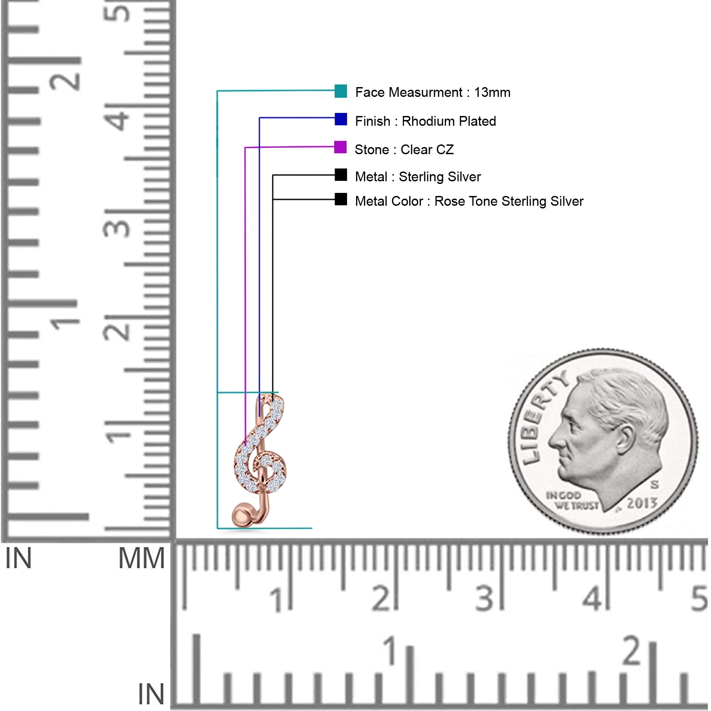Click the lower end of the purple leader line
(x=245, y=445)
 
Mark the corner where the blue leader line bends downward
(x=260, y=118)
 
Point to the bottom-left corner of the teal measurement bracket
(x=217, y=528)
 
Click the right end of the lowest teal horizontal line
(x=312, y=528)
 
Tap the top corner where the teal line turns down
(x=217, y=91)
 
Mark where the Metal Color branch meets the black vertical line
(x=273, y=200)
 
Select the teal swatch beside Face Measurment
(x=341, y=91)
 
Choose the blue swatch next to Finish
(x=341, y=119)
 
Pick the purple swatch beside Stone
(x=340, y=147)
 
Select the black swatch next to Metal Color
(x=341, y=199)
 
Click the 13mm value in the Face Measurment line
(x=492, y=92)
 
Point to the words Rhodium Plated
(x=449, y=121)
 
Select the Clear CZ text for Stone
(x=427, y=150)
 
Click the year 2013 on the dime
(x=642, y=503)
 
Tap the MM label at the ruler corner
(x=141, y=559)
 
